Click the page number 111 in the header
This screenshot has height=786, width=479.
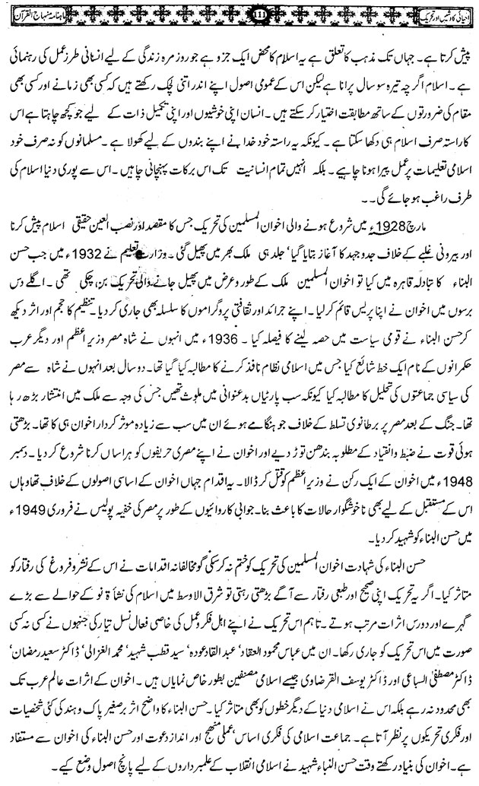239,14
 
